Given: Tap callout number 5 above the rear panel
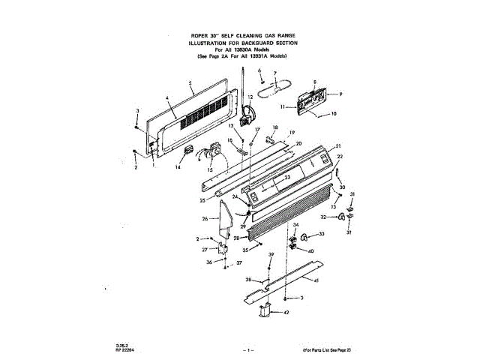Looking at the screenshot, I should [x=191, y=82].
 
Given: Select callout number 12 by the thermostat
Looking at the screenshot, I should [x=250, y=97].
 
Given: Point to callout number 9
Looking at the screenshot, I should [x=340, y=94].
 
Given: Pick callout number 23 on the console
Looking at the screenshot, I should [x=286, y=178].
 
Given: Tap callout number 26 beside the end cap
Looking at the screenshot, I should [x=205, y=218].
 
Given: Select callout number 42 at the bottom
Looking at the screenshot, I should [x=286, y=312].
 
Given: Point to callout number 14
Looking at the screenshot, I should [x=178, y=168].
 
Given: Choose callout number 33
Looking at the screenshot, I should [x=322, y=235].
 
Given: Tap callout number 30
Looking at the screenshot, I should [x=342, y=187].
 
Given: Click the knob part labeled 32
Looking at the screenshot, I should [x=339, y=217].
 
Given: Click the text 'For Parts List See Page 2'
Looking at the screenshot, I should [x=327, y=350].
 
